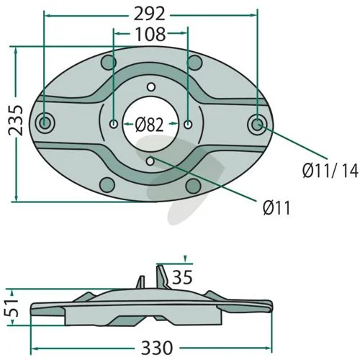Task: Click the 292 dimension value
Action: click(149, 14)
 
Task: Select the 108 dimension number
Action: click(150, 34)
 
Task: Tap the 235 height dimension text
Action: click(15, 120)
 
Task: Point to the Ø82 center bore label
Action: click(149, 125)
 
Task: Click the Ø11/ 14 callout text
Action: click(330, 171)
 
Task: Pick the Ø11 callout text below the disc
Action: click(276, 207)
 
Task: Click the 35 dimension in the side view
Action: click(182, 277)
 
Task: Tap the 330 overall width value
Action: click(157, 348)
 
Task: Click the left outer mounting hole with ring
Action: click(45, 123)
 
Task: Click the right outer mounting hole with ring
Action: click(257, 124)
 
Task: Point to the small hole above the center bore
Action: click(151, 87)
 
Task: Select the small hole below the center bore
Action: click(150, 161)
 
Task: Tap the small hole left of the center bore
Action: click(113, 124)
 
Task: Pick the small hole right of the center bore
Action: click(188, 125)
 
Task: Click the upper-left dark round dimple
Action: click(109, 63)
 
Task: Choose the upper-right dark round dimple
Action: click(194, 63)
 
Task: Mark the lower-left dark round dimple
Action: click(107, 185)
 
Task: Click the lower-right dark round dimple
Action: click(193, 186)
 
